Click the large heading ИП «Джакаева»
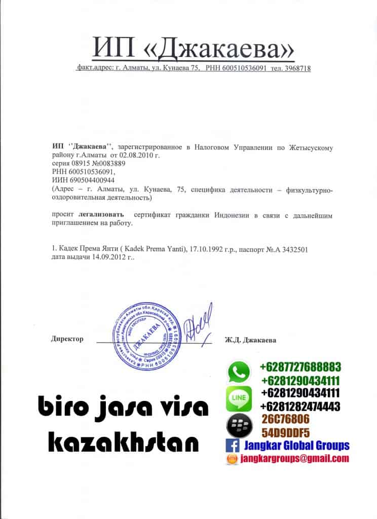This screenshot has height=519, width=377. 193,49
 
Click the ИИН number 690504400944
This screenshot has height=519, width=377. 91,180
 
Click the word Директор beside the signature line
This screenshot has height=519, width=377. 67,339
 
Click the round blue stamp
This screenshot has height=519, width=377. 148,335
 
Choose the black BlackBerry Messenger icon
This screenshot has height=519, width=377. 239,425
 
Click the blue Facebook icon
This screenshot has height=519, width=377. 233,446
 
